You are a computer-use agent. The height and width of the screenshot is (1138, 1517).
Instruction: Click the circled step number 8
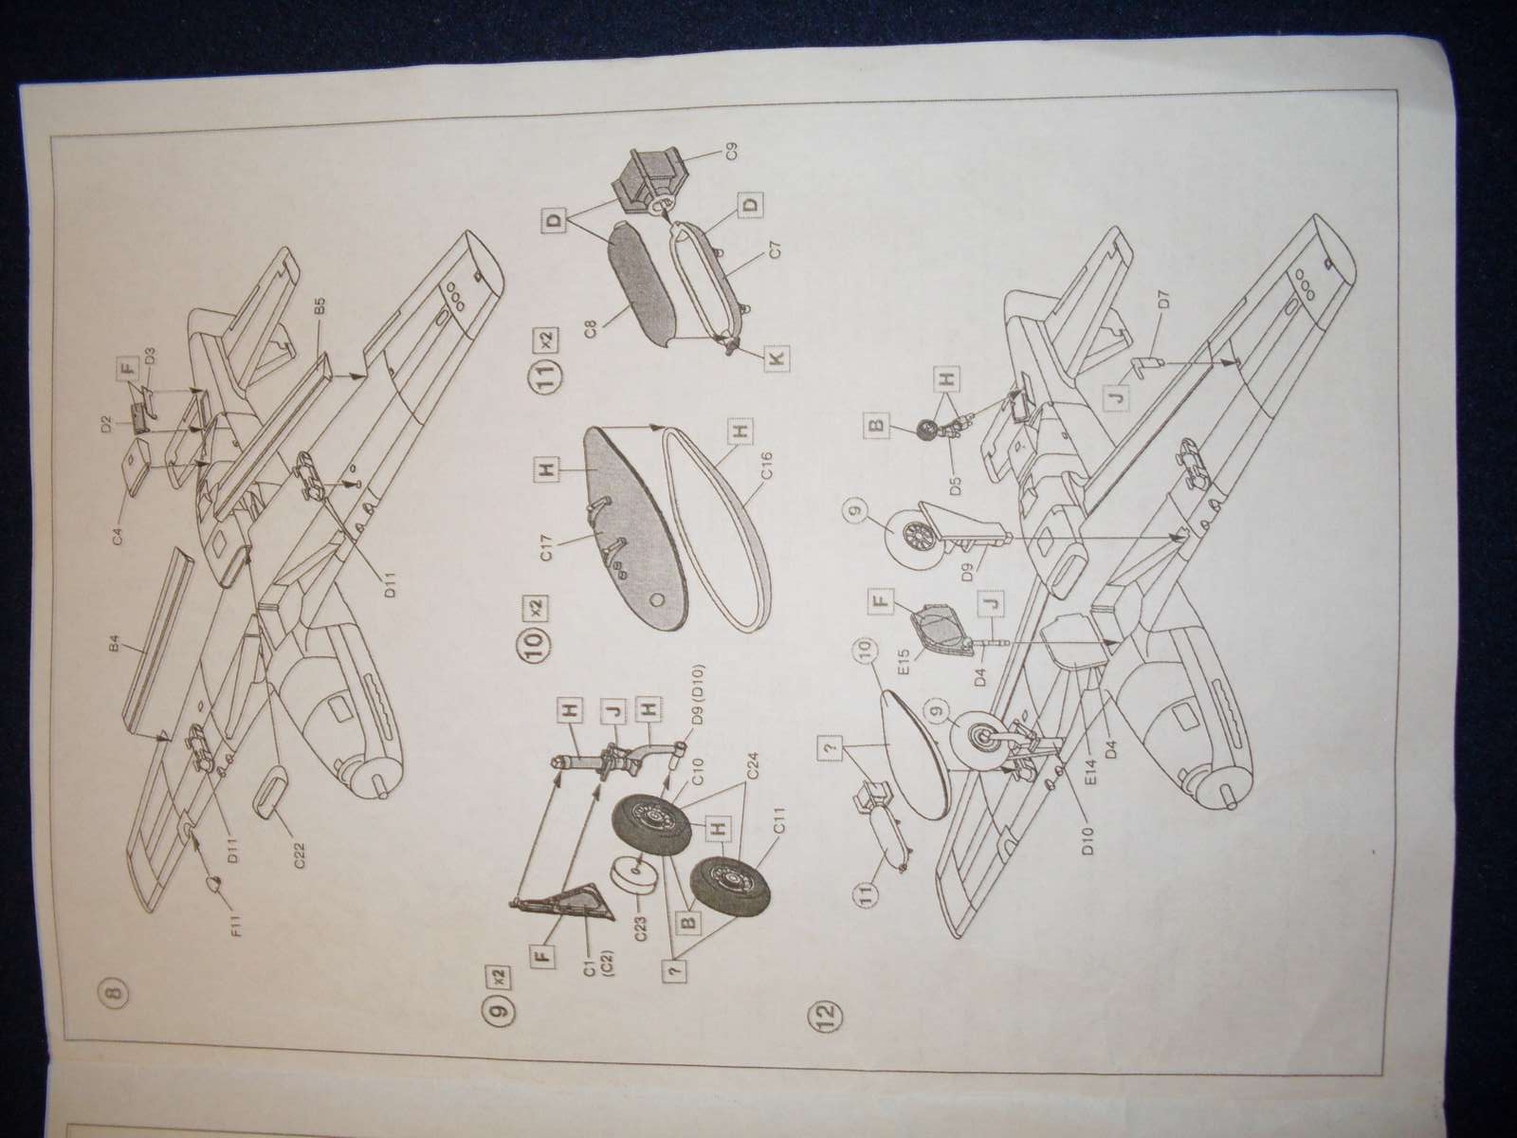tap(113, 993)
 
